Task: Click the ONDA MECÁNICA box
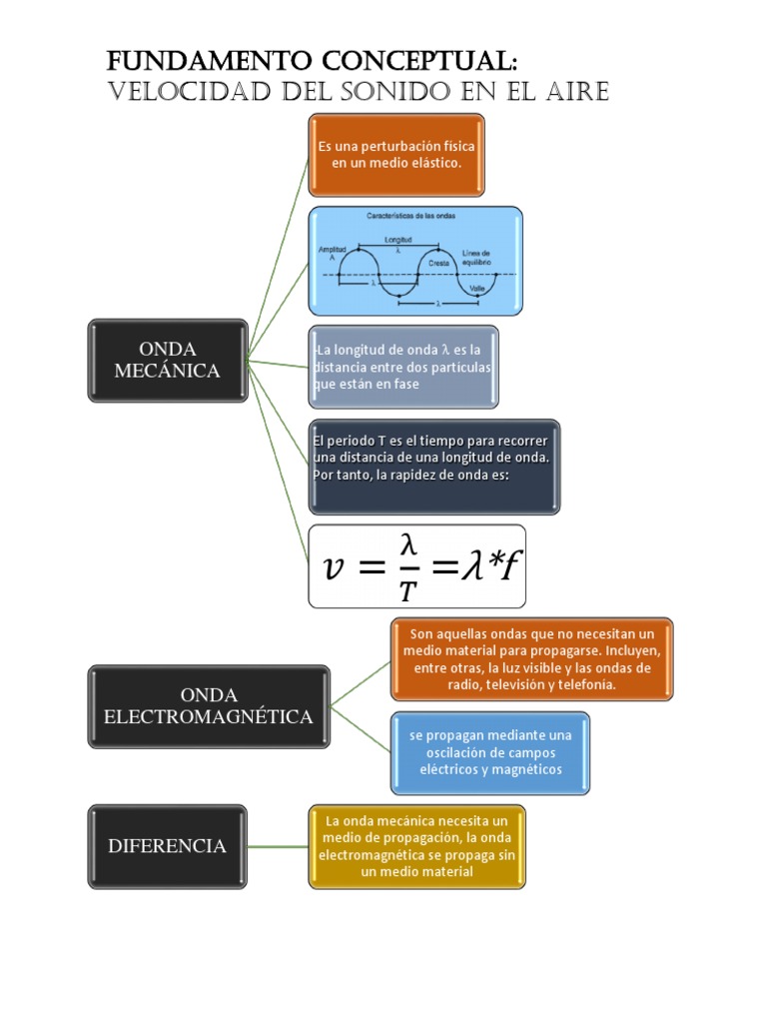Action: pos(167,360)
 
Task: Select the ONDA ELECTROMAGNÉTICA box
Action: pos(208,706)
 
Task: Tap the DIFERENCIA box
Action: pos(167,846)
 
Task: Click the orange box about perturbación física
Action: pos(396,154)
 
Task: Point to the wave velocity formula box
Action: pos(416,566)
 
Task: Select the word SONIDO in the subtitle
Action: pos(355,92)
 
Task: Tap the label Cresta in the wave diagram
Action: pos(438,262)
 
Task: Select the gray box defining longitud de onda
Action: pos(403,367)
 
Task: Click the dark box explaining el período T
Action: pos(433,467)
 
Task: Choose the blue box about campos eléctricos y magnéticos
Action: pos(490,752)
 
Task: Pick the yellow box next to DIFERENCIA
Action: pos(416,846)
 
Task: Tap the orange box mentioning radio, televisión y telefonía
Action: pos(531,659)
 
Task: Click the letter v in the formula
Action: pos(336,567)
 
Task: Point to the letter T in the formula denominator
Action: pos(406,590)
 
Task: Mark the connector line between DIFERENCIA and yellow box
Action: pos(277,846)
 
